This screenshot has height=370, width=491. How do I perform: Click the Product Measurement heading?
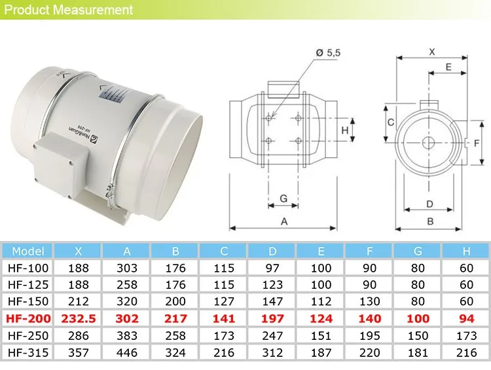coord(67,10)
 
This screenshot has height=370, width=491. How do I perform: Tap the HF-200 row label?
coord(27,318)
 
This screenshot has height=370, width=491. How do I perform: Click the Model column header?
coord(27,251)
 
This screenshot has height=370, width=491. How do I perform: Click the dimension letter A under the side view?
coord(284,221)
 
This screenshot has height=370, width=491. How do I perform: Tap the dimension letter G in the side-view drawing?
coord(283,198)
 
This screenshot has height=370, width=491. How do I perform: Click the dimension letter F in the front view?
coord(477,142)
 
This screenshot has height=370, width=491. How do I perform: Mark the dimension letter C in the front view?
coord(390,122)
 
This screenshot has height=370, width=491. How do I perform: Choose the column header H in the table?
coord(466,251)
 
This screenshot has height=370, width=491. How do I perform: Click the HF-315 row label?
coord(27,353)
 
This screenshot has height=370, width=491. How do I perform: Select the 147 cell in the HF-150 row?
coord(272,302)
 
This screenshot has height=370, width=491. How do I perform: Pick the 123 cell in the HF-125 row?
coord(272,285)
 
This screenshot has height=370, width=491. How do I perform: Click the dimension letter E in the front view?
coord(448,67)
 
